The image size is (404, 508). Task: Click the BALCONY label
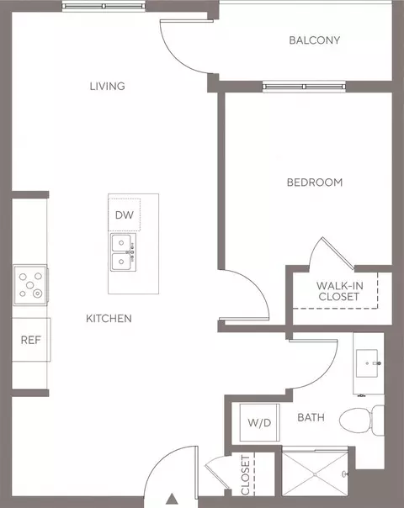(x=315, y=40)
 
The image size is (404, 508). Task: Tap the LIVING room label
(x=108, y=86)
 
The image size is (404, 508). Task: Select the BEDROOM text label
(x=315, y=183)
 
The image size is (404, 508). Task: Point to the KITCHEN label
(x=109, y=319)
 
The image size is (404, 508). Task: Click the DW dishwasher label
(x=125, y=214)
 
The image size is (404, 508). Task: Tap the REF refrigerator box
(x=31, y=340)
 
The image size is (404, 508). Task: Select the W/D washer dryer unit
(x=260, y=422)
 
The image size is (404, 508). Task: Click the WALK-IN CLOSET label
(x=339, y=291)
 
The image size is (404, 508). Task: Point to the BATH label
(x=311, y=417)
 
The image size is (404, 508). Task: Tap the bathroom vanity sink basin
(x=367, y=363)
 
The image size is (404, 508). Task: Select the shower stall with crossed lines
(x=315, y=474)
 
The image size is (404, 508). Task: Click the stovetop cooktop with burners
(x=30, y=285)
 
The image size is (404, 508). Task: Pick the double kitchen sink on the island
(x=123, y=252)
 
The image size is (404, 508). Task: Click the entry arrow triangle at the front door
(x=173, y=499)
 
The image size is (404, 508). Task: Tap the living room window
(x=104, y=6)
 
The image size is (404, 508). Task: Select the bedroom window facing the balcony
(x=304, y=87)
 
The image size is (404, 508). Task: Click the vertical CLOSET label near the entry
(x=246, y=475)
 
